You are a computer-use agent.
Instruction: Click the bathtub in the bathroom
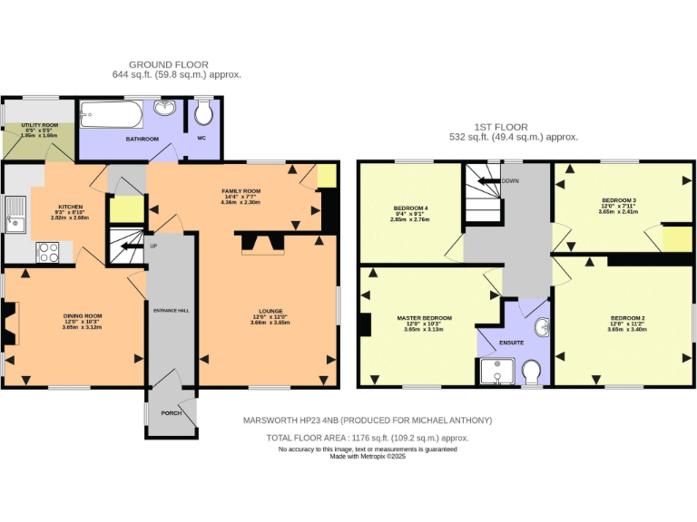[110, 116]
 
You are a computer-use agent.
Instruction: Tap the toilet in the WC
[204, 112]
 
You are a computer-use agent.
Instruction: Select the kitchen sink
[15, 216]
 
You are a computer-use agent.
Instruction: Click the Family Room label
[241, 191]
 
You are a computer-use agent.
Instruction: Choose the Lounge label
[270, 311]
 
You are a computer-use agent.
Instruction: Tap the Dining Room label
[82, 315]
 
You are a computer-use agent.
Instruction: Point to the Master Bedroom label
[424, 318]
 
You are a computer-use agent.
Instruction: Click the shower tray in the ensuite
[496, 371]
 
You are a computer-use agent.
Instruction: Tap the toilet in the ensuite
[532, 372]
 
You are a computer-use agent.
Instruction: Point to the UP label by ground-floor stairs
[152, 246]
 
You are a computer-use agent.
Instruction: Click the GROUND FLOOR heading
[168, 64]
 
